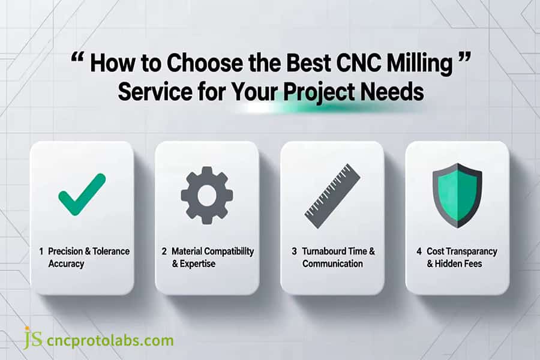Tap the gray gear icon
tap(207, 196)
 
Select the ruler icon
tap(332, 196)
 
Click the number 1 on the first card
tap(41, 251)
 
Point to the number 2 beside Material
tap(164, 251)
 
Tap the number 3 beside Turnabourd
tap(294, 251)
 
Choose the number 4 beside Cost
tap(419, 251)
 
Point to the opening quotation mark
tap(78, 57)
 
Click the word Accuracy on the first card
tap(66, 264)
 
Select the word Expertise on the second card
tap(197, 264)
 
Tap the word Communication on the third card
tap(332, 264)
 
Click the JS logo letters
tap(33, 338)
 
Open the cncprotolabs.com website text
tap(110, 341)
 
